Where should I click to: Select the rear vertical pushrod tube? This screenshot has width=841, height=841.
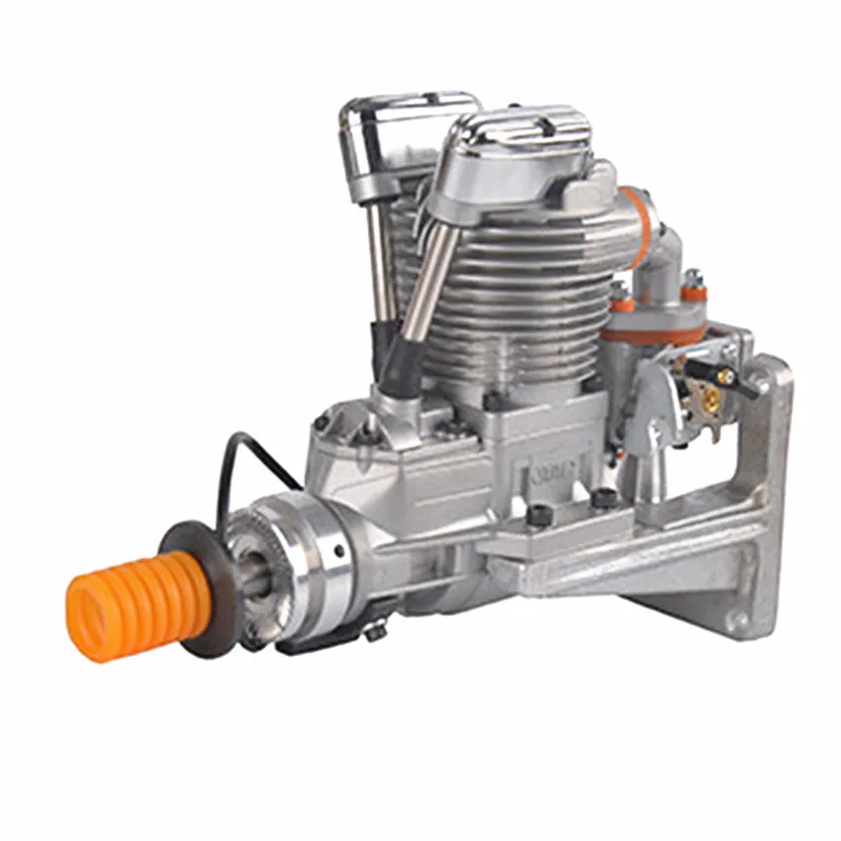tap(380, 257)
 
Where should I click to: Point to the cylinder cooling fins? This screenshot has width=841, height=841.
tap(524, 297)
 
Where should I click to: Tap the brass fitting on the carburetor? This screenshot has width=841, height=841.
tap(710, 399)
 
